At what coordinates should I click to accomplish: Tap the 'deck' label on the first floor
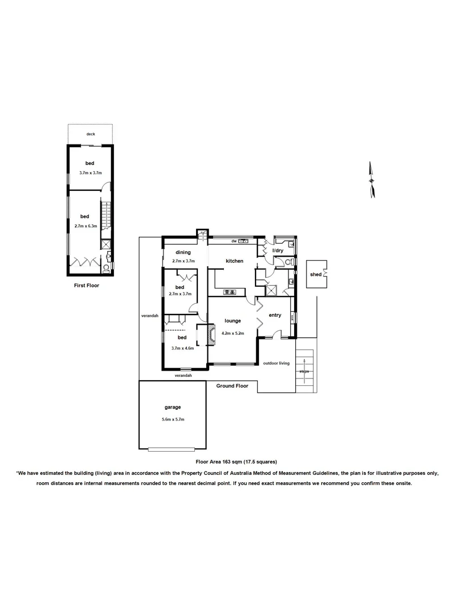click(91, 134)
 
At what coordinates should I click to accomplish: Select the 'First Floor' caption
click(87, 286)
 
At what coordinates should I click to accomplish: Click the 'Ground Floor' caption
click(232, 386)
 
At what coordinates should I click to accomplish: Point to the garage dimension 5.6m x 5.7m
click(173, 419)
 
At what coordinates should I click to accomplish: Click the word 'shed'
click(315, 275)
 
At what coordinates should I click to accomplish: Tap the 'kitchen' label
click(235, 261)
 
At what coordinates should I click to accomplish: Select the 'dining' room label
click(182, 252)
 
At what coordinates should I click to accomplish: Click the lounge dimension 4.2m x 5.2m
click(233, 333)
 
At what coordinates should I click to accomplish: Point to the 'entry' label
click(275, 315)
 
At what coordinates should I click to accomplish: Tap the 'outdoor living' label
click(276, 363)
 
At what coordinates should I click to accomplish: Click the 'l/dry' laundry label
click(278, 250)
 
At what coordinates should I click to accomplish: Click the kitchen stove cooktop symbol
click(230, 292)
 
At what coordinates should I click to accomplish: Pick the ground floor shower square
click(271, 290)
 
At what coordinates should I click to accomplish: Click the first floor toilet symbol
click(107, 267)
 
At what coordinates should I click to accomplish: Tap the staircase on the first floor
click(104, 219)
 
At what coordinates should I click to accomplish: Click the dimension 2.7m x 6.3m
click(86, 226)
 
